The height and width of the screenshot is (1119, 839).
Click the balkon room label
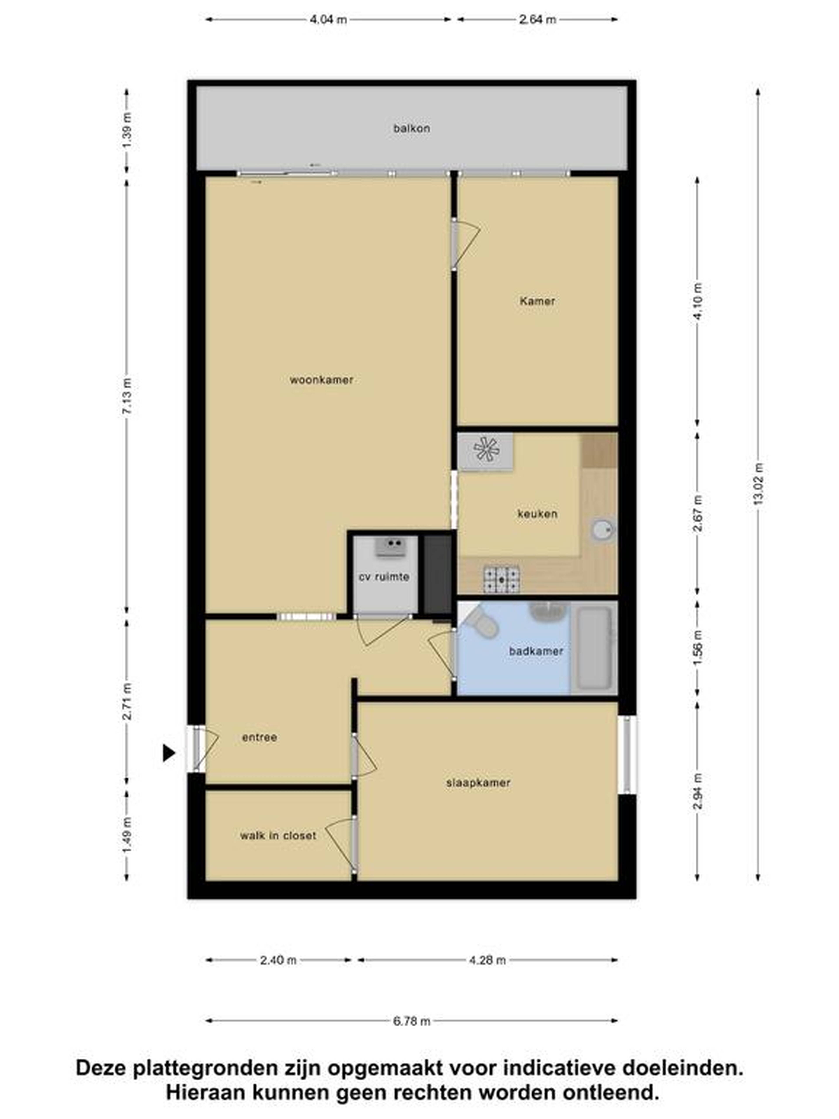click(x=412, y=129)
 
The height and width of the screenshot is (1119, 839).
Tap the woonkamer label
click(x=321, y=380)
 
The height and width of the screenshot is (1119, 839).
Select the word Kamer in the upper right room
click(x=537, y=301)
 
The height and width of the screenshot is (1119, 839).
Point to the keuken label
click(x=537, y=514)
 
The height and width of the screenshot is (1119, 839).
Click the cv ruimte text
click(x=384, y=577)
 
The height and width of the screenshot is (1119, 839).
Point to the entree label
click(x=259, y=738)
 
